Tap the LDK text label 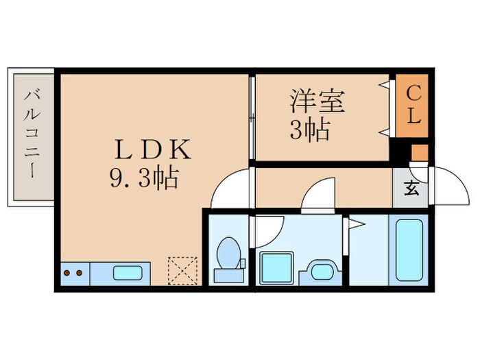pos(152,149)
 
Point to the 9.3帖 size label pos(143,179)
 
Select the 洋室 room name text pos(316,102)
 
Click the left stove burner pos(67,273)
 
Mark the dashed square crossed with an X pos(182,269)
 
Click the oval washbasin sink pos(320,269)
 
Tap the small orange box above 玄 pos(419,152)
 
